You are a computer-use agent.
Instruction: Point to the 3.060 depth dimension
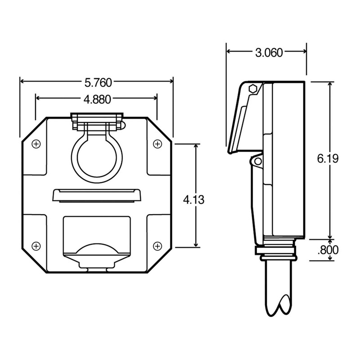tap(269, 53)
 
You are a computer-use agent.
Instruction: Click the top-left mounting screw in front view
tap(36, 144)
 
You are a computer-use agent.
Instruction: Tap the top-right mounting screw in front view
tap(157, 144)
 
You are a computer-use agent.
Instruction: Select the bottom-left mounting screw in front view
tap(36, 245)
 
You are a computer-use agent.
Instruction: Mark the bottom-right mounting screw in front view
tap(157, 245)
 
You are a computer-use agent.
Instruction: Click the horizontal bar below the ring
tap(96, 195)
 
